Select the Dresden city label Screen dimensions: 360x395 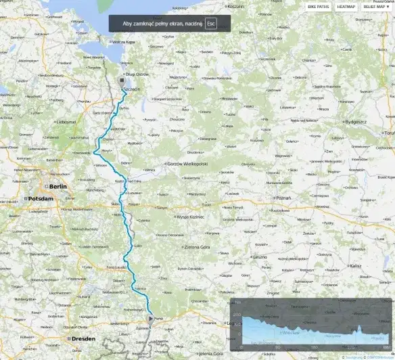(80, 338)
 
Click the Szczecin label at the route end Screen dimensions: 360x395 (131, 89)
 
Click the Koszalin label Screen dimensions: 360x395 (236, 6)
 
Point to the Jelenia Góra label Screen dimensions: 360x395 (212, 353)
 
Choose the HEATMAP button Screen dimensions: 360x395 (346, 6)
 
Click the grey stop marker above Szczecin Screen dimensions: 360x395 (122, 79)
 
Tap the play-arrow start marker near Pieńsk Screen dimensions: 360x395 (150, 317)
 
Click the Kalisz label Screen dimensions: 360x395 (356, 266)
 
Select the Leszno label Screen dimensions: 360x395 (260, 257)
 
